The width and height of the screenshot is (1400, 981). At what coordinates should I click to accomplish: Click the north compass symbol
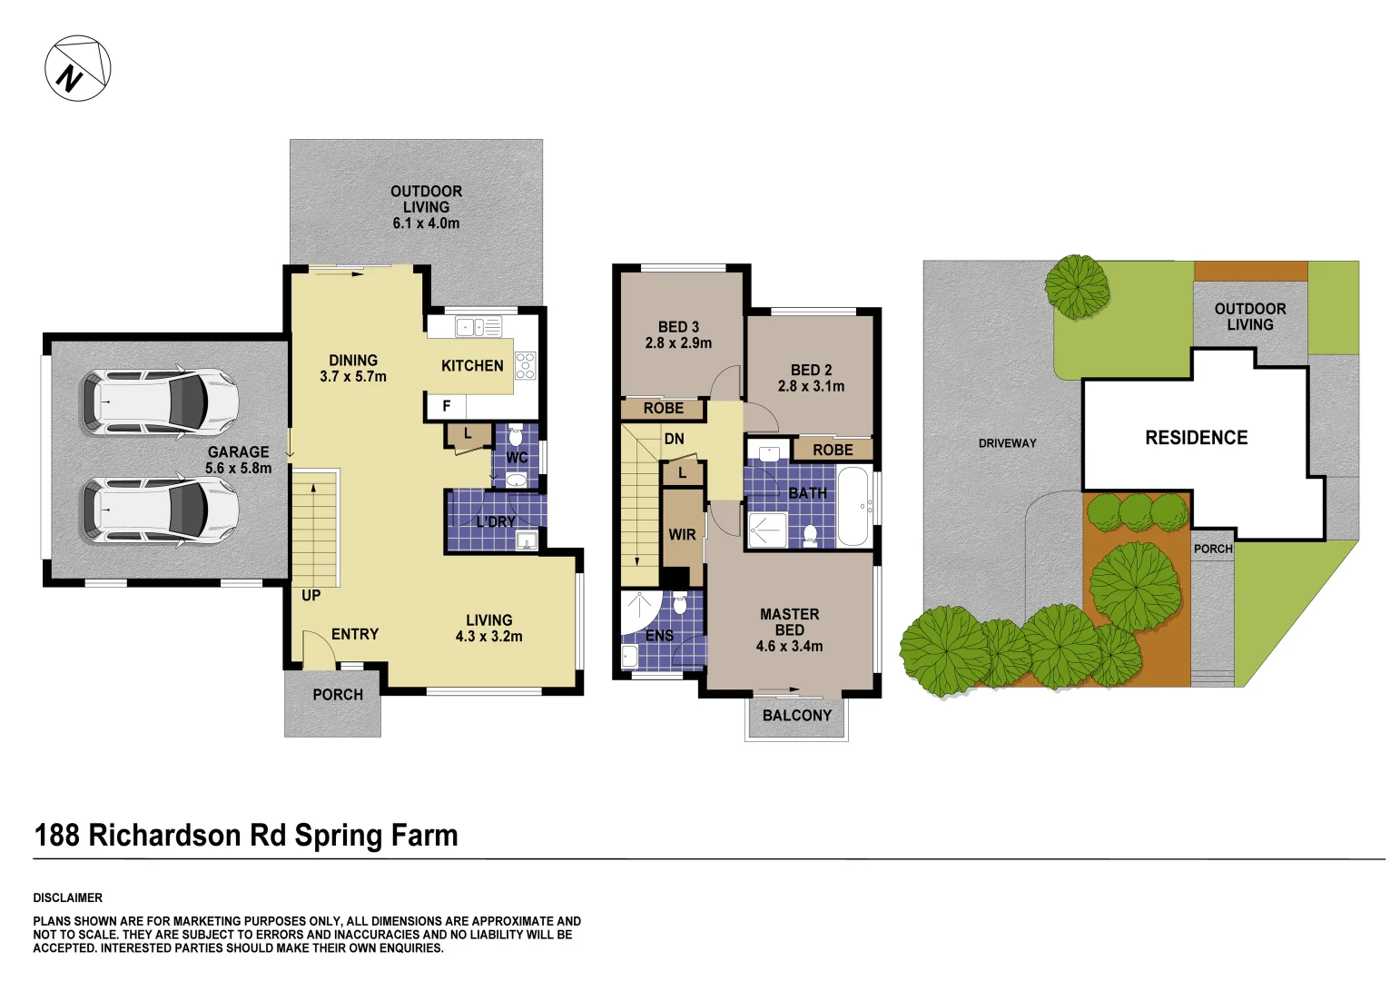pyautogui.click(x=78, y=68)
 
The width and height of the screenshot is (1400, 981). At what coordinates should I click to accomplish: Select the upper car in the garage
pyautogui.click(x=159, y=401)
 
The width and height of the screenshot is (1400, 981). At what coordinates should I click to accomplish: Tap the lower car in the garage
pyautogui.click(x=159, y=510)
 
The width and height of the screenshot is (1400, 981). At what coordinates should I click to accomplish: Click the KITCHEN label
pyautogui.click(x=472, y=366)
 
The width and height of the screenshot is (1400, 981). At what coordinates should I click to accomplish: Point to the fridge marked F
pyautogui.click(x=446, y=406)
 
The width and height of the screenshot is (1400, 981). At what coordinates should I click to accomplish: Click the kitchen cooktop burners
pyautogui.click(x=526, y=365)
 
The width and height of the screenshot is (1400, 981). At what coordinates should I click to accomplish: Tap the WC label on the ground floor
pyautogui.click(x=517, y=458)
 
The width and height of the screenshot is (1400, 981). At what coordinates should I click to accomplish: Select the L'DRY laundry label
pyautogui.click(x=496, y=522)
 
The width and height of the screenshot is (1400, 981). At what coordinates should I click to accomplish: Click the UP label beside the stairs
pyautogui.click(x=311, y=596)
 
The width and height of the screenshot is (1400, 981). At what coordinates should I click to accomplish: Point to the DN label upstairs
pyautogui.click(x=674, y=440)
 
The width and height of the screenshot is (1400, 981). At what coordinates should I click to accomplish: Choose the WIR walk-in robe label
pyautogui.click(x=682, y=535)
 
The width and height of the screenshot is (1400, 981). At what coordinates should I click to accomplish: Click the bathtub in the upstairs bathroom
pyautogui.click(x=853, y=507)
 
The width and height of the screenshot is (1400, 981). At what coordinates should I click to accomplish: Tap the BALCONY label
pyautogui.click(x=796, y=716)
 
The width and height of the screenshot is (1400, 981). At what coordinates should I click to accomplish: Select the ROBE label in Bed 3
pyautogui.click(x=664, y=409)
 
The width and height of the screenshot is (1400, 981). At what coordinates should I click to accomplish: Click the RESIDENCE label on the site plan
pyautogui.click(x=1196, y=438)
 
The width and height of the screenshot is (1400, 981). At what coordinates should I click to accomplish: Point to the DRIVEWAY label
pyautogui.click(x=1007, y=443)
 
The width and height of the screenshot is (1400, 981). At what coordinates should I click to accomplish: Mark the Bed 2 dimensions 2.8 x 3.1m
pyautogui.click(x=811, y=386)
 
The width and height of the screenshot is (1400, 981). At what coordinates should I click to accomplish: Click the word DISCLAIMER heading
pyautogui.click(x=68, y=897)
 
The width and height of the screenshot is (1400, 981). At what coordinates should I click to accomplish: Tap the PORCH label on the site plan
pyautogui.click(x=1213, y=549)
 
